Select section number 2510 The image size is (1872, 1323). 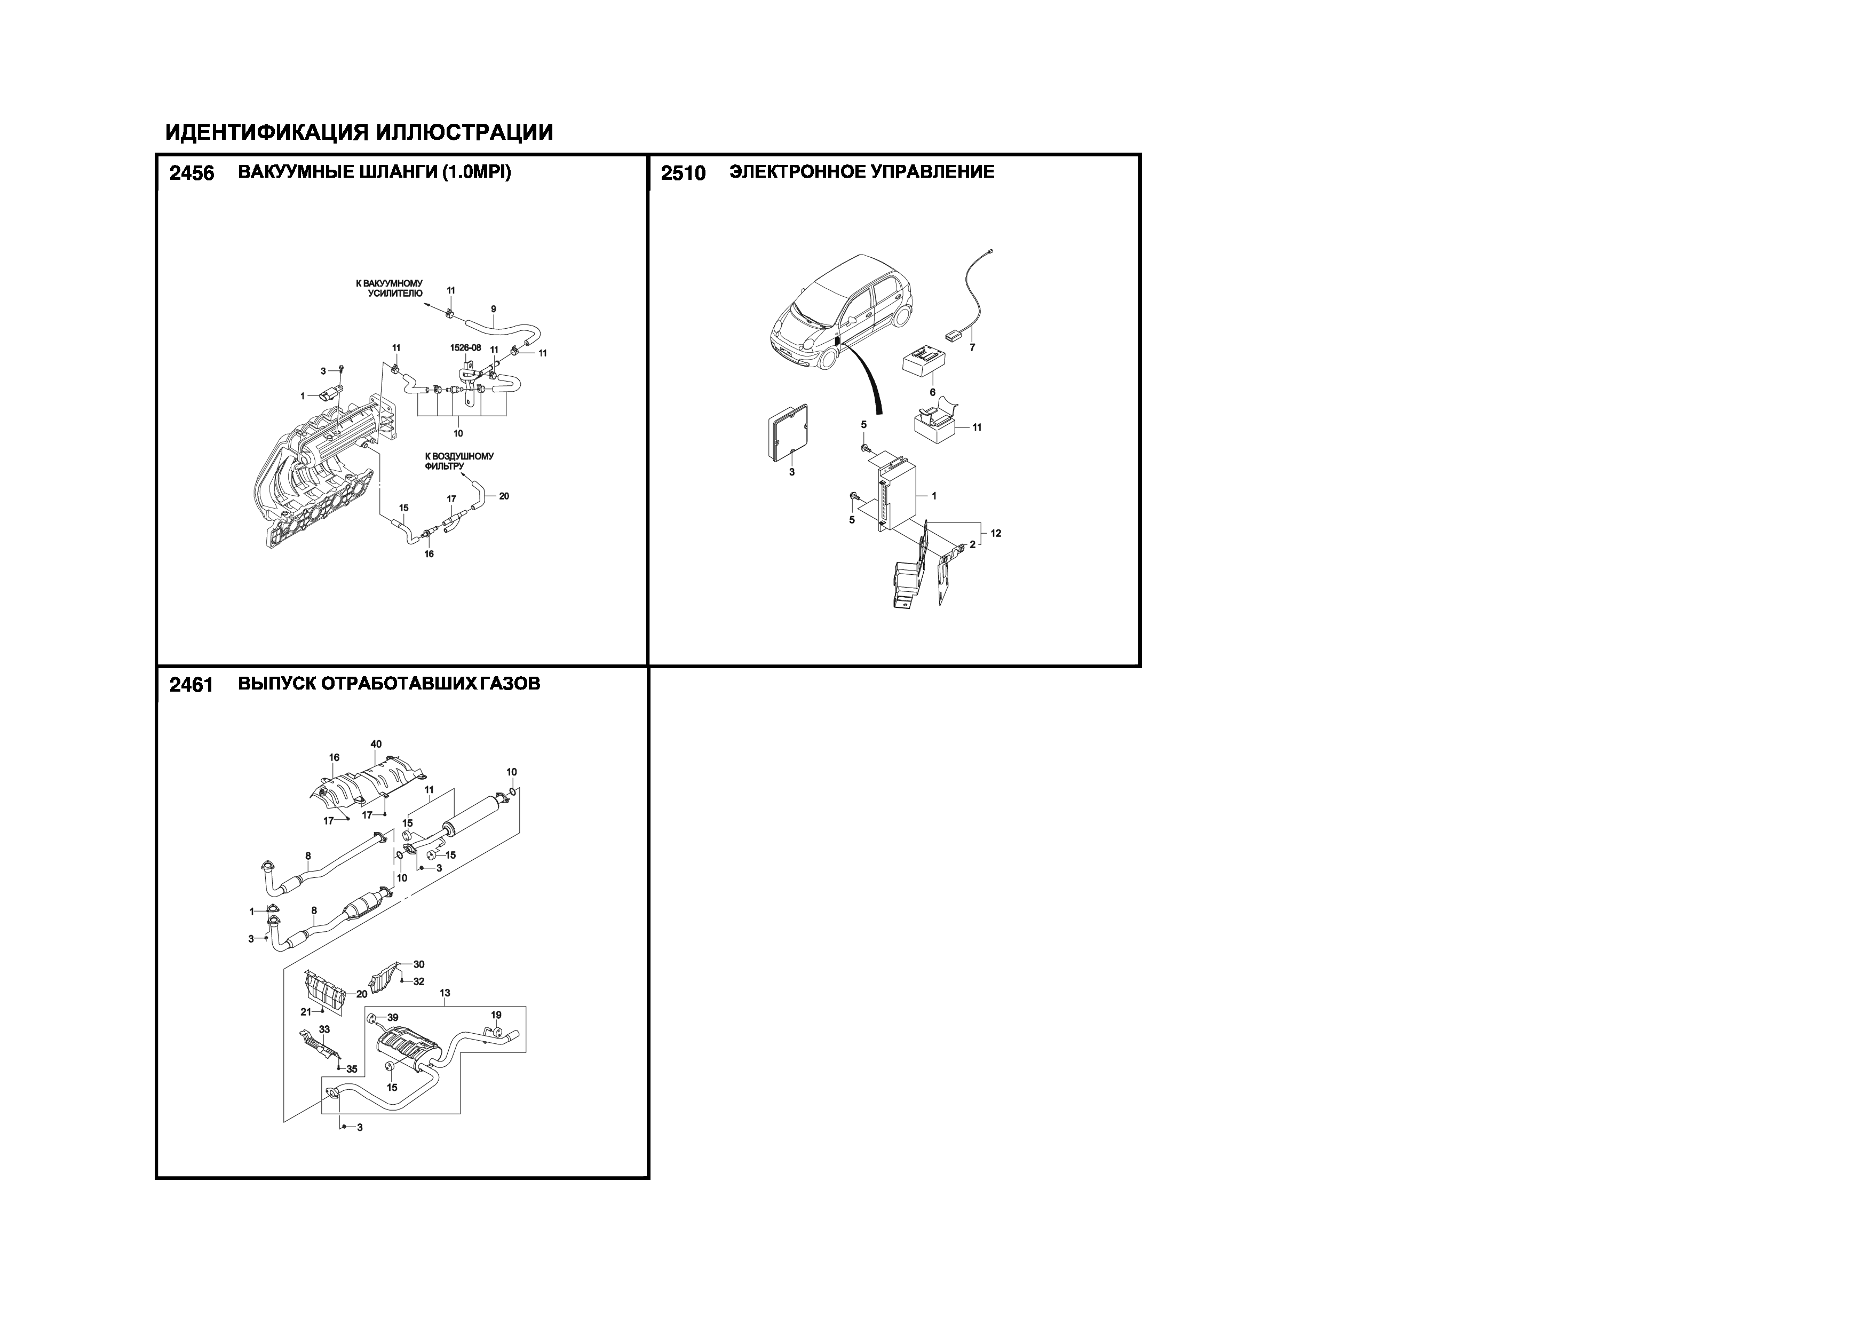click(683, 173)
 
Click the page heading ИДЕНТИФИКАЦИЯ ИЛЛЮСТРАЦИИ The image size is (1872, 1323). click(360, 132)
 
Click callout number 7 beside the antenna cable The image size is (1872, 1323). click(972, 347)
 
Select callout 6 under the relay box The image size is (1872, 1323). click(933, 392)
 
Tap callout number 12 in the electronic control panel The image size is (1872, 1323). click(996, 533)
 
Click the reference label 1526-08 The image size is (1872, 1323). click(465, 347)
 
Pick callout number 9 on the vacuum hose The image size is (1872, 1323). click(493, 309)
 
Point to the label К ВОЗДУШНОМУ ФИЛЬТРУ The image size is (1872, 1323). click(459, 462)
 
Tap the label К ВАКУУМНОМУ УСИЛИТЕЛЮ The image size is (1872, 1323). click(390, 288)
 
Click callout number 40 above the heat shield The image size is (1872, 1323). click(376, 744)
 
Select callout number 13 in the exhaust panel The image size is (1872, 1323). click(445, 994)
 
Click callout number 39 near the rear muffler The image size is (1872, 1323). click(392, 1018)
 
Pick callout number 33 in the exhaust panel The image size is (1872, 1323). click(324, 1029)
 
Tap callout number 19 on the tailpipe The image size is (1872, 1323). click(496, 1016)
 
